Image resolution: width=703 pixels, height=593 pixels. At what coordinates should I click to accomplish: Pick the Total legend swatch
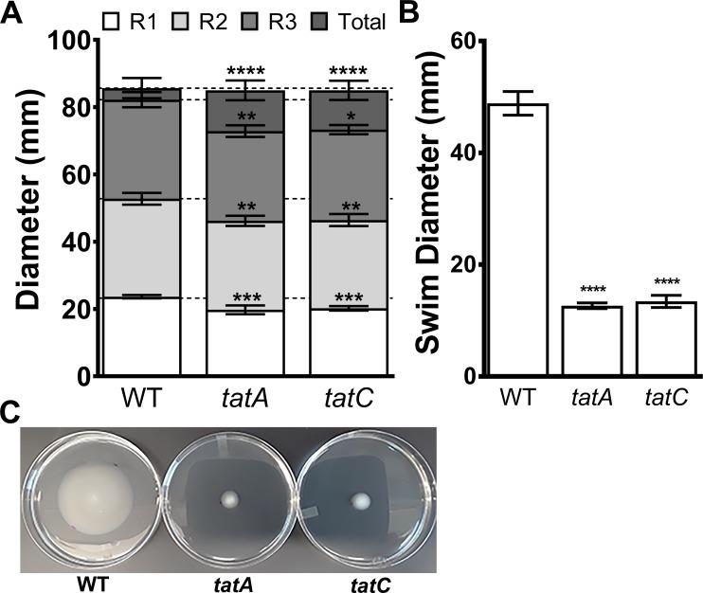point(322,21)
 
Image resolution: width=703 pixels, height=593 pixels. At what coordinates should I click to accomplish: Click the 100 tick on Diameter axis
point(72,41)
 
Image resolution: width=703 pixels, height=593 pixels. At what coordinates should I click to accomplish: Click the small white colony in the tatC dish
point(361,500)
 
